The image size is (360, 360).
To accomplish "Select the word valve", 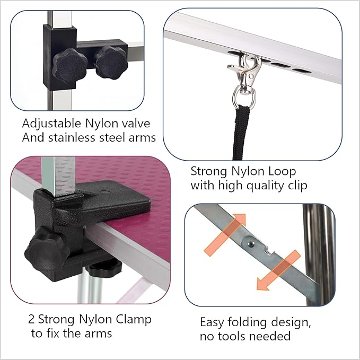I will [x=135, y=124].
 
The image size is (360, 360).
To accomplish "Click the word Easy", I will [x=212, y=322].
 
